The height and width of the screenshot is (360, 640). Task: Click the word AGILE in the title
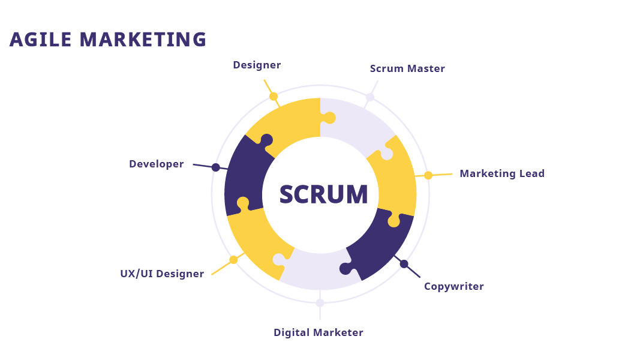(40, 40)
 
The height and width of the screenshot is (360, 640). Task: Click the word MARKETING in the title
(143, 40)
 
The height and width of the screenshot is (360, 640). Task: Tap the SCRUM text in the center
(323, 194)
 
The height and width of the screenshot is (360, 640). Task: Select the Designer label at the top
(257, 65)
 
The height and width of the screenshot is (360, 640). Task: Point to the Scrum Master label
(407, 68)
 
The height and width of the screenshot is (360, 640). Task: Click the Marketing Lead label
(502, 173)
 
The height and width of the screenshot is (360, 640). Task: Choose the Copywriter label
(454, 287)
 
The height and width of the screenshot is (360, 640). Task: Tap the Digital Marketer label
(319, 332)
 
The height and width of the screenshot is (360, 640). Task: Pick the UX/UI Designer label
(162, 274)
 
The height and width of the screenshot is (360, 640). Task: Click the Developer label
(157, 164)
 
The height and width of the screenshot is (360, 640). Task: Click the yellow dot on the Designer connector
(274, 97)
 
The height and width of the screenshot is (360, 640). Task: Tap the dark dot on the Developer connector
(215, 167)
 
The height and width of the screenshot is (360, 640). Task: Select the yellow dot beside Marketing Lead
(428, 176)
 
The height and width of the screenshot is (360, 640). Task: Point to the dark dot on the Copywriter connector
(404, 264)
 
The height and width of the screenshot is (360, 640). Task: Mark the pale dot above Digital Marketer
(320, 303)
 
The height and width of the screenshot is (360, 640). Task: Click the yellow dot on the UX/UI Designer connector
(233, 260)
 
